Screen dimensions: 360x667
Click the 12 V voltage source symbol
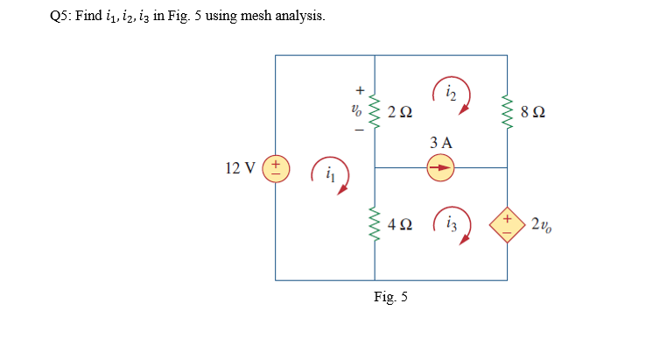tap(276, 166)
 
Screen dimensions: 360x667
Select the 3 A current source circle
tap(441, 166)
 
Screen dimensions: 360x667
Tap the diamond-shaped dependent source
tap(508, 223)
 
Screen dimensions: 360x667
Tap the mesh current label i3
tap(452, 224)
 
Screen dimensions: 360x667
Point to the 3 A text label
tap(441, 142)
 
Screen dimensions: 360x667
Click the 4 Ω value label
tap(400, 225)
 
